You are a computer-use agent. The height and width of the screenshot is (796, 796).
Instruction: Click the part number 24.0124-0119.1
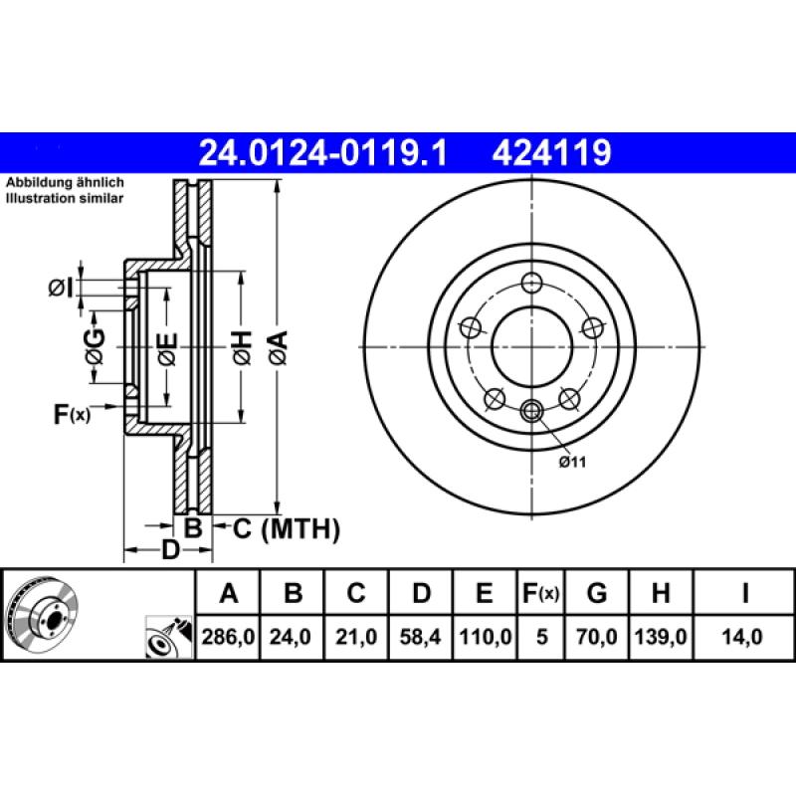[324, 152]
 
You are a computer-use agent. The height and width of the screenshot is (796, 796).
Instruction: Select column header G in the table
[596, 594]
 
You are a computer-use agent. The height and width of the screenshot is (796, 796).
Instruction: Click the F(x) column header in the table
[541, 594]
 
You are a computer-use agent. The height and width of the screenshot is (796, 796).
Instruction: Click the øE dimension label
[166, 348]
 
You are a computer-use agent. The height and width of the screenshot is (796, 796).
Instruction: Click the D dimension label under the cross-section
[170, 549]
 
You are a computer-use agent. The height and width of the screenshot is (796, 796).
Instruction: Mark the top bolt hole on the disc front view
[532, 282]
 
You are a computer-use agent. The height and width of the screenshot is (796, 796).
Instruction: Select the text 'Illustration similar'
[66, 199]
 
